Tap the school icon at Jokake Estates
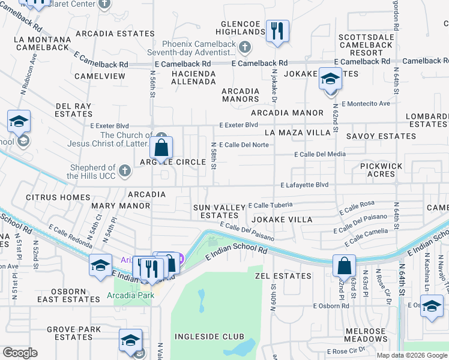330,79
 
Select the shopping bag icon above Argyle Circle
161,147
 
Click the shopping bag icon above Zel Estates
344,265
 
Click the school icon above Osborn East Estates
100,265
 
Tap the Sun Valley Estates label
219,211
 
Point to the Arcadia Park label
130,295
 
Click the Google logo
20,353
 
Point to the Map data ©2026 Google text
412,355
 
